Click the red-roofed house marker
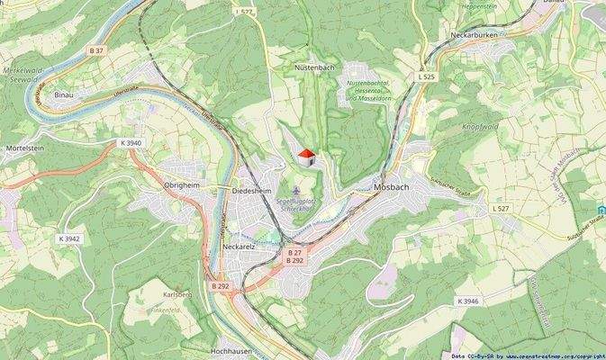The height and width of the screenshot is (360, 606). point(306,158)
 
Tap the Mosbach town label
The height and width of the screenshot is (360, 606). point(392,187)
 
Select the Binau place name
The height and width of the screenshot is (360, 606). point(64,94)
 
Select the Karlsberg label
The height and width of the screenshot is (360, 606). point(177,294)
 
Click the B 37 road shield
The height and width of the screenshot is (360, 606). point(97,50)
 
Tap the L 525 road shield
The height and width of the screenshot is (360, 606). point(426,77)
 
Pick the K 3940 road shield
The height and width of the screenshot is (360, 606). point(131,142)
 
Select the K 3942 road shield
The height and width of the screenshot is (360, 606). point(70,238)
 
